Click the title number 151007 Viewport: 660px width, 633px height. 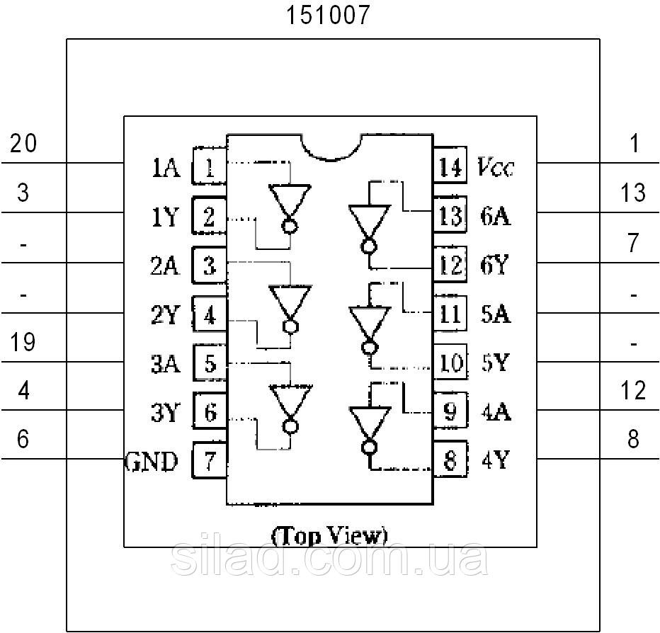328,16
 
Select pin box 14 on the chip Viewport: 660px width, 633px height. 450,166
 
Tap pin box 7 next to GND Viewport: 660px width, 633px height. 210,460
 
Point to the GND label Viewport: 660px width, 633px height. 151,461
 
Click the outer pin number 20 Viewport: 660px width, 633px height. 23,143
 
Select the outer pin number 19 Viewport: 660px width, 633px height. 23,341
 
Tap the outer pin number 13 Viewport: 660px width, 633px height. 633,193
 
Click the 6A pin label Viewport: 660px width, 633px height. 496,217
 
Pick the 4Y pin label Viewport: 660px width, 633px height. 496,460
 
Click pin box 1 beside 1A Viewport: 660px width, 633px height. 209,166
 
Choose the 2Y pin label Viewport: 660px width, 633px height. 166,314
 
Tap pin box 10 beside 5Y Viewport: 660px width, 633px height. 450,362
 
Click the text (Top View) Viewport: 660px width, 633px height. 329,536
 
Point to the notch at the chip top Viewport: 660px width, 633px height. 331,147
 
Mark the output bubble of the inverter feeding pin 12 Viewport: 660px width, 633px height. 369,246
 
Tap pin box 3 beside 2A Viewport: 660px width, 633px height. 209,265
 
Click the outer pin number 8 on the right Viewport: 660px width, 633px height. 633,439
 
